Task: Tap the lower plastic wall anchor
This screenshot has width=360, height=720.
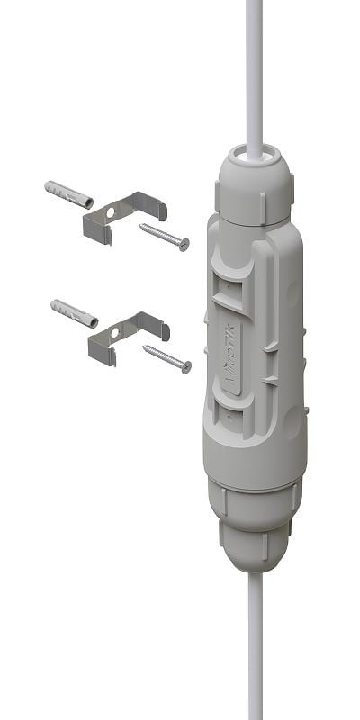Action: tap(74, 312)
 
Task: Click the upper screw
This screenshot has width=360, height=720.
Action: tap(165, 236)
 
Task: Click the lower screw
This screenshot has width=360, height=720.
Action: tap(167, 355)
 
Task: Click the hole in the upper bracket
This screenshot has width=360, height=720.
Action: tap(112, 214)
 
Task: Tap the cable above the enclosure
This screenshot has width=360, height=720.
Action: tap(254, 72)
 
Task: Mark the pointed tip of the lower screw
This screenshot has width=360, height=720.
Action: tap(145, 346)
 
